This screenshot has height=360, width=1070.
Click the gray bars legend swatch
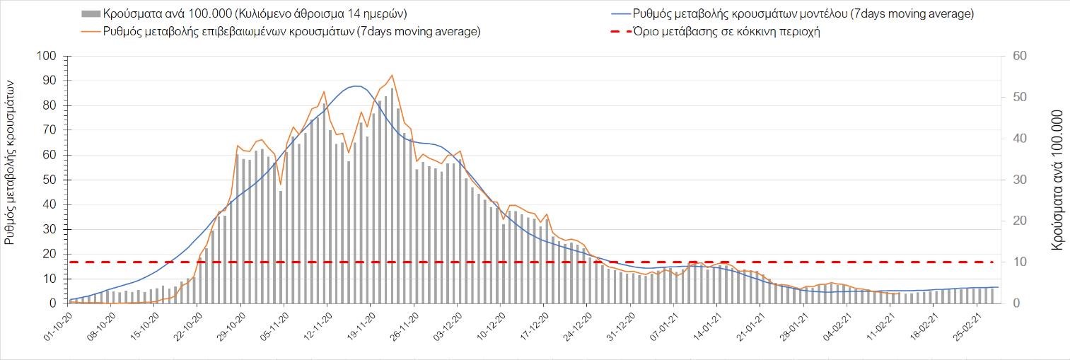point(91,14)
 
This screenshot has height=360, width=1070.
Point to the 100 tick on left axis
point(47,57)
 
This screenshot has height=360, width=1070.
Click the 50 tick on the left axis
point(50,180)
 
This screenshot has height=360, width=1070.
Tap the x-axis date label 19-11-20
point(361,328)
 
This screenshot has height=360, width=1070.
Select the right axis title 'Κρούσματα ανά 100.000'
point(1058,180)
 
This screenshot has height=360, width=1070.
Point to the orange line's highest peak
point(392,75)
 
